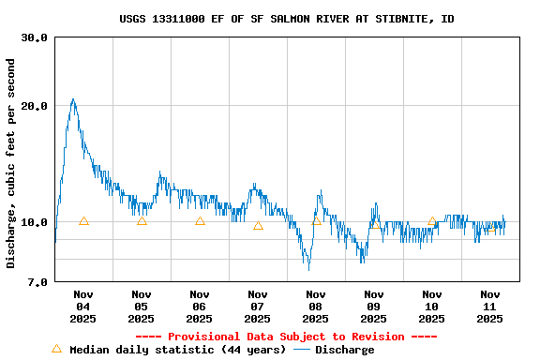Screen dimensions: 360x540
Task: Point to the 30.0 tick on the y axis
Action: (x=35, y=37)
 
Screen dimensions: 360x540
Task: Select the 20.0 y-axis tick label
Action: (x=35, y=106)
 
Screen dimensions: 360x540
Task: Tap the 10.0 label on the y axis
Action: (x=35, y=222)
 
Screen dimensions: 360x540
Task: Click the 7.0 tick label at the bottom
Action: (x=37, y=282)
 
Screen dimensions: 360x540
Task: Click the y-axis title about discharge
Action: (x=11, y=163)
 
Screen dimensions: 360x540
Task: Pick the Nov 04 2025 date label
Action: (x=83, y=307)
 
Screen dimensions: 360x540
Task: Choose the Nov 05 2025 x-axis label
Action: (x=142, y=307)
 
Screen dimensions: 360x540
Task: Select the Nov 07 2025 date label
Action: (x=258, y=307)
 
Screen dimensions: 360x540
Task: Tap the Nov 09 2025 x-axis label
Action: (x=374, y=307)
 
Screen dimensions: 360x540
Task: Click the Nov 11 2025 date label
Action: (x=489, y=307)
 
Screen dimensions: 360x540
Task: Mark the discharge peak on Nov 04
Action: (x=73, y=99)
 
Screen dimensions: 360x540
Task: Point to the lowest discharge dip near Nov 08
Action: (x=308, y=269)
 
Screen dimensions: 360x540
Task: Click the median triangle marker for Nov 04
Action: (x=83, y=221)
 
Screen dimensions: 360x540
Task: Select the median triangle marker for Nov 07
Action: (x=258, y=226)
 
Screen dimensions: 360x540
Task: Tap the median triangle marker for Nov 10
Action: (x=432, y=222)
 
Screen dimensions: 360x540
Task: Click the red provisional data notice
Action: (x=287, y=337)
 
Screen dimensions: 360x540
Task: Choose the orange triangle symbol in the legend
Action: (x=56, y=349)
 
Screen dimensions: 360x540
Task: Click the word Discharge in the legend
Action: (x=344, y=350)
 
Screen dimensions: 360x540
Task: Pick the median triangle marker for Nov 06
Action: (x=200, y=221)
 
